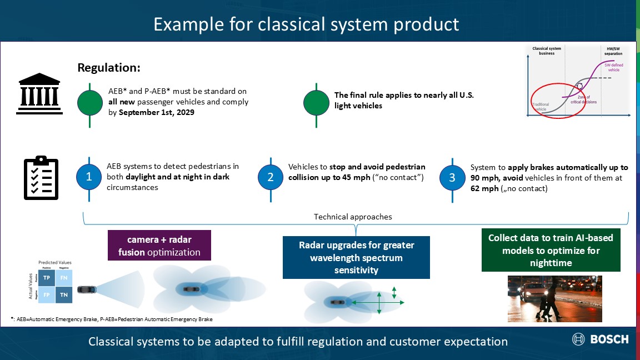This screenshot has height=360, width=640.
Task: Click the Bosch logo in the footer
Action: (601, 339)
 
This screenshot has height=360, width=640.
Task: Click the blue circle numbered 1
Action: (88, 177)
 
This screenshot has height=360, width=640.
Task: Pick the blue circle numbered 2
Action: (270, 177)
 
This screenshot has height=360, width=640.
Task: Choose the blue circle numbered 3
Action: (452, 177)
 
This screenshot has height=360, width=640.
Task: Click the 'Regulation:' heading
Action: (109, 68)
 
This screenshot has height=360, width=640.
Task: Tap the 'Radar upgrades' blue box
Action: (356, 258)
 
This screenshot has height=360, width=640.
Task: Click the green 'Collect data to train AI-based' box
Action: (551, 250)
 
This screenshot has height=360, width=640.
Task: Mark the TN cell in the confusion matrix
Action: (64, 294)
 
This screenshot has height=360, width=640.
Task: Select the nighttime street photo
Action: (554, 299)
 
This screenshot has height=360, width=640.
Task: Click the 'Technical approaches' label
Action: (353, 217)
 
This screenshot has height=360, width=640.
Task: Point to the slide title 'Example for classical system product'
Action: (306, 24)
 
